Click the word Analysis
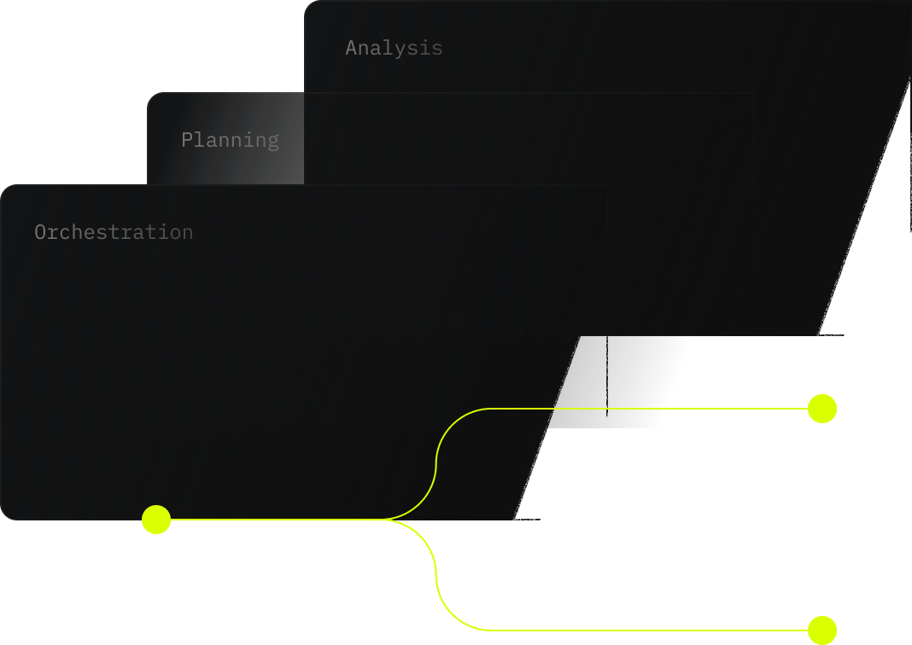tap(394, 48)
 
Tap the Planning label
tap(230, 140)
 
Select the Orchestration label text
tap(114, 232)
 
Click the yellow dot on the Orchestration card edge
tap(156, 519)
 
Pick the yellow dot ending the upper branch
tap(822, 409)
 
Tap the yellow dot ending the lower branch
tap(822, 630)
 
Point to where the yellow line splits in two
tap(389, 519)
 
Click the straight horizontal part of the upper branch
tap(649, 409)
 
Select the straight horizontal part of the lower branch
tap(649, 630)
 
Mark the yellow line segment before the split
tap(273, 519)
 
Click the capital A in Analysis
tap(350, 48)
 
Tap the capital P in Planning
tap(186, 140)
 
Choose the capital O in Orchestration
tap(39, 232)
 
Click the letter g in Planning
tap(273, 142)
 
